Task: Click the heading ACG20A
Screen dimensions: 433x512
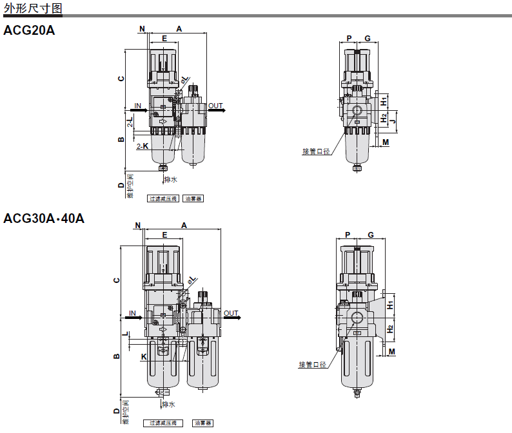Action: tap(29, 30)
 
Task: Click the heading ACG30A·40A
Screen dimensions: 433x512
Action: tap(44, 218)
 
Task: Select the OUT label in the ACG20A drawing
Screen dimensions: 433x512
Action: tap(215, 106)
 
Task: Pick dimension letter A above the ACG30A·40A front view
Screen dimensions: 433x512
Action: tap(184, 225)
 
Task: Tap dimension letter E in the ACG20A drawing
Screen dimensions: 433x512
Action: tap(164, 39)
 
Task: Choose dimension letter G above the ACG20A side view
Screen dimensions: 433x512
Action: tap(367, 39)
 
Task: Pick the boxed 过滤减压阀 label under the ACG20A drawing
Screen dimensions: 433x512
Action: tap(163, 199)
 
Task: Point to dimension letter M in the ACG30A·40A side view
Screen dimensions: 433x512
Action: tap(391, 351)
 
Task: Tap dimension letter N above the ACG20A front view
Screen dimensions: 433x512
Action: tap(142, 29)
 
